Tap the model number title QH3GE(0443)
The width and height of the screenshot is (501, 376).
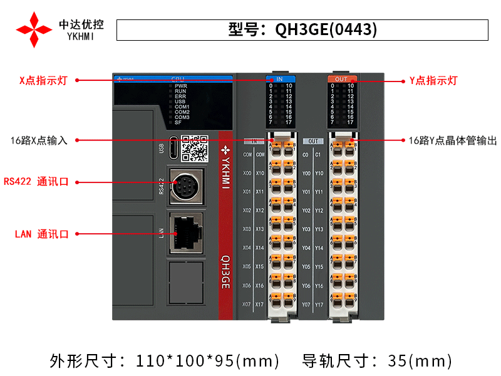(x=303, y=29)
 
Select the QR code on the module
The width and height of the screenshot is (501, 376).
(x=194, y=148)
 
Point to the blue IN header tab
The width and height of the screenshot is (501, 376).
(x=279, y=79)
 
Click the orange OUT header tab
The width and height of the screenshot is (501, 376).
(x=341, y=79)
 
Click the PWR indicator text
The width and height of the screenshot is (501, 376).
(x=181, y=86)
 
